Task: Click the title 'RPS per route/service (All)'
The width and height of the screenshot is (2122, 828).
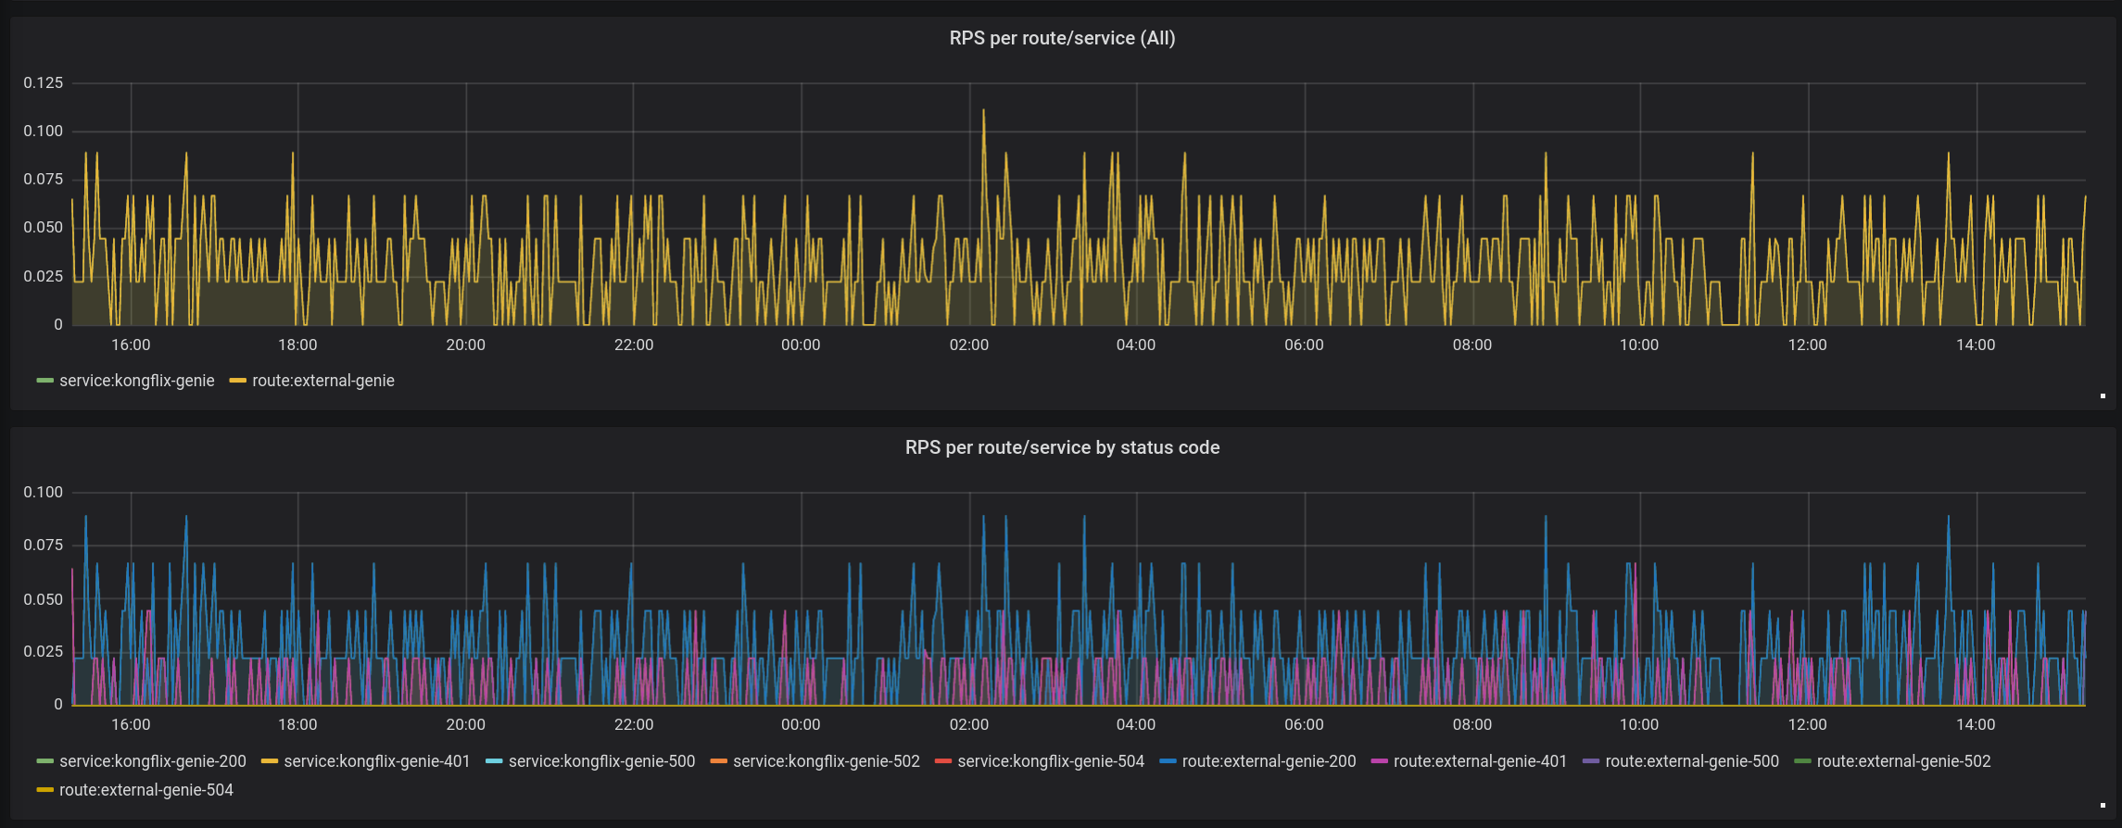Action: click(1062, 38)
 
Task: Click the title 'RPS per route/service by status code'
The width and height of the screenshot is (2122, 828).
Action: click(1062, 447)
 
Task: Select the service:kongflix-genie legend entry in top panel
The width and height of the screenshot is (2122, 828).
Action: click(136, 381)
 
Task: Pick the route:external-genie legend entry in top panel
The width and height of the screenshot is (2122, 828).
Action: click(322, 381)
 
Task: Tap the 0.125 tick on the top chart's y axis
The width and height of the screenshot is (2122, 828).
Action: click(44, 83)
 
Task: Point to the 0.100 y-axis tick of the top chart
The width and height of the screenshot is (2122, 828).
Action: click(44, 132)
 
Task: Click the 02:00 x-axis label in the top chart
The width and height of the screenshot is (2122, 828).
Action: click(968, 345)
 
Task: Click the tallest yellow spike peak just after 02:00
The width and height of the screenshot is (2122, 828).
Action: click(983, 110)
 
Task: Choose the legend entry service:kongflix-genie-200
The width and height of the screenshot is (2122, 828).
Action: click(152, 761)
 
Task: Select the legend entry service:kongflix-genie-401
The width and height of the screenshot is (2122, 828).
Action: click(376, 761)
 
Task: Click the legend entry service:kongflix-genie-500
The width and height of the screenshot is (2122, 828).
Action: click(601, 761)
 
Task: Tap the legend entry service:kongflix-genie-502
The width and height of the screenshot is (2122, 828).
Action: click(826, 761)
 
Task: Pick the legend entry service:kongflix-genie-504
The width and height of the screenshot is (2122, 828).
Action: click(1050, 761)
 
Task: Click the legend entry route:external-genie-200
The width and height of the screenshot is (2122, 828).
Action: click(1269, 761)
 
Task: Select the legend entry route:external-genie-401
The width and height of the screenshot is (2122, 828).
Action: click(1480, 761)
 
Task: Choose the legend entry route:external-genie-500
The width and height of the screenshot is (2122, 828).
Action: click(1691, 761)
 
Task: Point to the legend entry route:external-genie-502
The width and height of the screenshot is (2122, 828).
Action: click(1903, 761)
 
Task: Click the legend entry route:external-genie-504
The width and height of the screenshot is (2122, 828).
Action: click(145, 790)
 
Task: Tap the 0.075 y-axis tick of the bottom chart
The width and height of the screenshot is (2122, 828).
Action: click(44, 546)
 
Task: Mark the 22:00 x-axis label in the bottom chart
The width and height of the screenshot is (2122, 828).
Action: click(634, 724)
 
